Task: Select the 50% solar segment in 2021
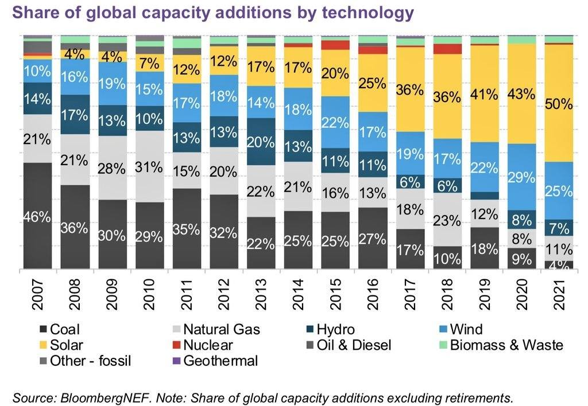[558, 104]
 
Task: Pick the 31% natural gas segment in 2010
[151, 168]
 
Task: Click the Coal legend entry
[64, 330]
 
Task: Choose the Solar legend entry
[66, 345]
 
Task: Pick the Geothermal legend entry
[220, 361]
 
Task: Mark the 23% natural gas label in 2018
[447, 220]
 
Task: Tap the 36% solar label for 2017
[410, 90]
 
